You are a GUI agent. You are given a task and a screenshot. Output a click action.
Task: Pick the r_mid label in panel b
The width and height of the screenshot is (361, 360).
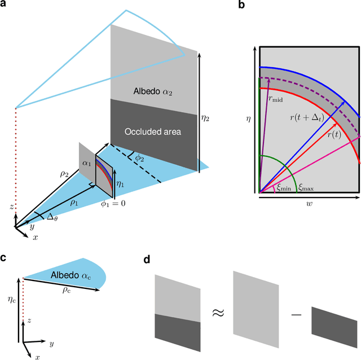(x=276, y=96)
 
